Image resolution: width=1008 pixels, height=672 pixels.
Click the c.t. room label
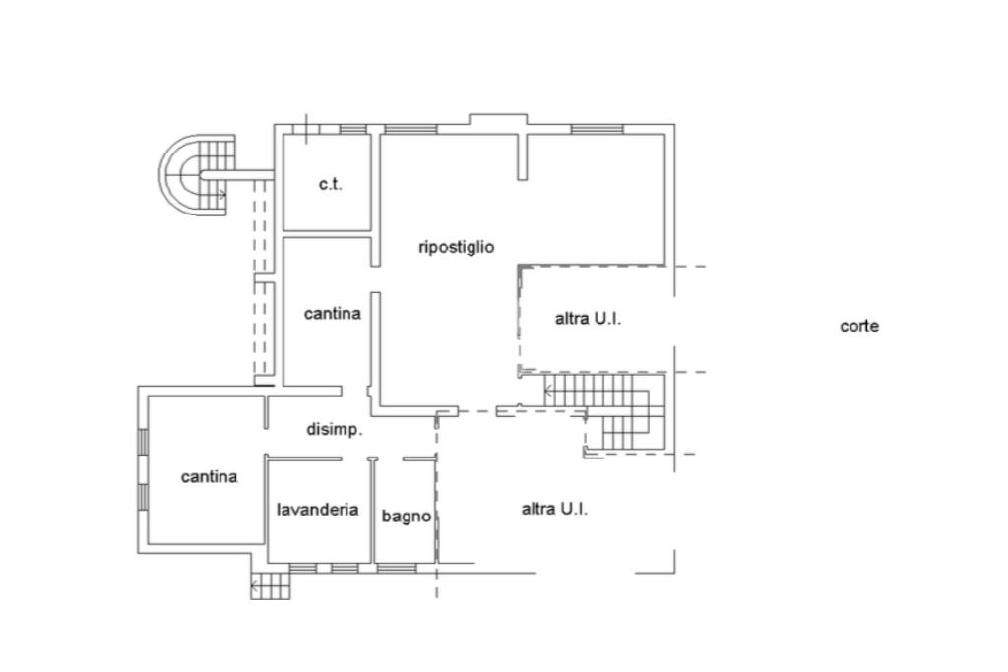[x=331, y=184]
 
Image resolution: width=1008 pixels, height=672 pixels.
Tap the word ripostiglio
[x=457, y=247]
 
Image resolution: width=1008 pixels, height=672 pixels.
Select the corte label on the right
[x=859, y=326]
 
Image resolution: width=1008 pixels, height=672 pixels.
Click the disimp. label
[x=335, y=430]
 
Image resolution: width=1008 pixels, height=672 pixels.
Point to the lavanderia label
[x=318, y=510]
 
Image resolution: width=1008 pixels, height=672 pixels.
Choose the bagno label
[x=407, y=516]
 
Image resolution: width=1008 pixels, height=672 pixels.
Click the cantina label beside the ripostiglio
[x=333, y=314]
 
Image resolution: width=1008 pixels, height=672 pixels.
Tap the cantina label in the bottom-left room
[x=209, y=476]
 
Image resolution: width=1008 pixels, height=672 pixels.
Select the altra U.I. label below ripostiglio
[x=589, y=318]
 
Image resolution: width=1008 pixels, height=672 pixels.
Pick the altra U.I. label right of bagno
[x=554, y=509]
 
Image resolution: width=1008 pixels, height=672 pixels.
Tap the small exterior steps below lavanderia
[x=271, y=586]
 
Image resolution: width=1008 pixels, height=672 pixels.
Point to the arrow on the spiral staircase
[x=221, y=194]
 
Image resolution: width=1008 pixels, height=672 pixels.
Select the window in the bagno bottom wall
[x=397, y=568]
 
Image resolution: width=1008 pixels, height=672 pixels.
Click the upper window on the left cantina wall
[x=143, y=442]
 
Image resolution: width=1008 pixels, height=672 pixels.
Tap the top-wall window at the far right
[x=598, y=129]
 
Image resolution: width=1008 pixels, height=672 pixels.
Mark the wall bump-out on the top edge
[x=498, y=119]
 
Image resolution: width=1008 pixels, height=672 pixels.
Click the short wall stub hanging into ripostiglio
[x=522, y=156]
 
